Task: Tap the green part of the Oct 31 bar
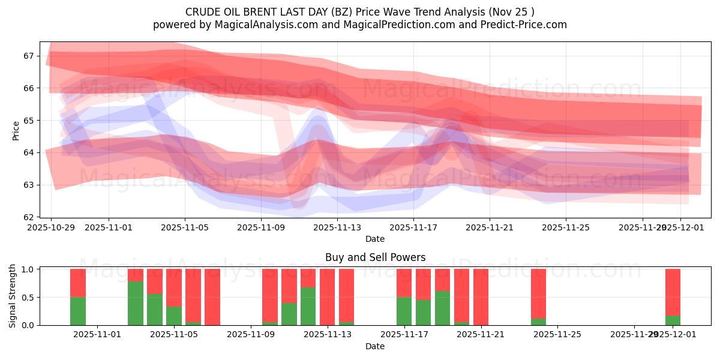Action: pos(78,311)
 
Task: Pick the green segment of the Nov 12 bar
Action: pos(308,306)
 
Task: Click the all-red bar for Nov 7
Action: pos(212,297)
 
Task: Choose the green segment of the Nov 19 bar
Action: pos(442,308)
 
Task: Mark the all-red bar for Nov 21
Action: pos(481,297)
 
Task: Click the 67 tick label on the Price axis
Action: pos(29,56)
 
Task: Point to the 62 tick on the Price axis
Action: pos(29,217)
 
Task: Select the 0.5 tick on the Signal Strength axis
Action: pos(27,298)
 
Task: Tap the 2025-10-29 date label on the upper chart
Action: pos(51,227)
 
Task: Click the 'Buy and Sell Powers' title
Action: pos(375,257)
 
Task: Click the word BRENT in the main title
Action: pos(262,11)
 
